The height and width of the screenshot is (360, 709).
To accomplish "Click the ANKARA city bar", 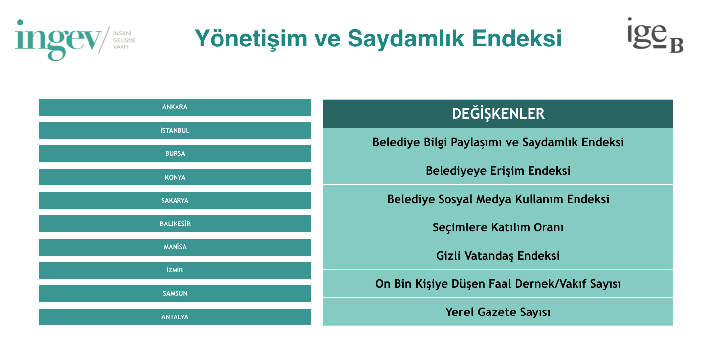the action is pos(175,107).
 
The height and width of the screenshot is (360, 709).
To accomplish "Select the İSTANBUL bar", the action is pos(175,131).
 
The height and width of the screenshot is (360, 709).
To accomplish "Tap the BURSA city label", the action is pos(175,154).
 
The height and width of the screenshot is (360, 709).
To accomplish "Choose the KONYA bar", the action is pos(175,177).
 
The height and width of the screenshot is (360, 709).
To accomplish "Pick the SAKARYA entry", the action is pos(175,200).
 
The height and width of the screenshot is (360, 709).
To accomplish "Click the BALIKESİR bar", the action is pos(175,224).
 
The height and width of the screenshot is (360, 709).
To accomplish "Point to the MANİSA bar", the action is pos(175,247).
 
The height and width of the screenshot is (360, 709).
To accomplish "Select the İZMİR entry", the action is pos(175,270).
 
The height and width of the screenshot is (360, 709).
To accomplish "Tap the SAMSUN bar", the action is pos(175,294).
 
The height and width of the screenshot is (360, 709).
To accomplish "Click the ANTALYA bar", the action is pos(175,317).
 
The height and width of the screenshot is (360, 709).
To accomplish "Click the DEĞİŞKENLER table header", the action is pos(498,114).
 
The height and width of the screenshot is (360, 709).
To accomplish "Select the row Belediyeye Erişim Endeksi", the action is pos(498,170).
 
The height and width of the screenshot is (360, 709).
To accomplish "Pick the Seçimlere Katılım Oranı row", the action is pos(498,227).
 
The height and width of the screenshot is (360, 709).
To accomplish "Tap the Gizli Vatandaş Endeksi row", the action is pos(498,255).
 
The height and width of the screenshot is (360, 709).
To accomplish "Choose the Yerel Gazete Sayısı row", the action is pos(498,312).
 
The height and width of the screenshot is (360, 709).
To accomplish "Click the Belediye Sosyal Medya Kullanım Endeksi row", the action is pos(498,199).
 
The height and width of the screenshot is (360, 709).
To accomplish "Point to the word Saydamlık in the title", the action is pos(406,39).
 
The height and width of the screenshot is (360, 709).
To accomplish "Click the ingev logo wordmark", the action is pos(58,40).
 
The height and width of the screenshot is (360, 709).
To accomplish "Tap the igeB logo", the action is pos(655,36).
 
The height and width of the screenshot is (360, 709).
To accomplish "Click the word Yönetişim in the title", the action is pos(251,39).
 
